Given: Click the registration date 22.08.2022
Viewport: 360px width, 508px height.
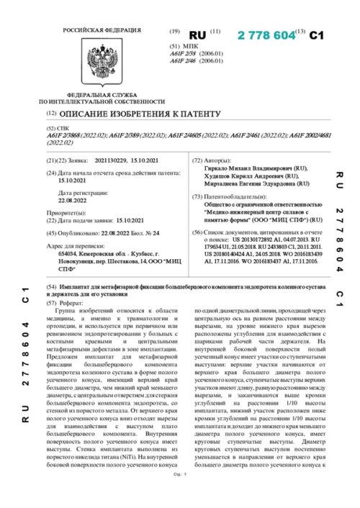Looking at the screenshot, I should coord(73,202).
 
